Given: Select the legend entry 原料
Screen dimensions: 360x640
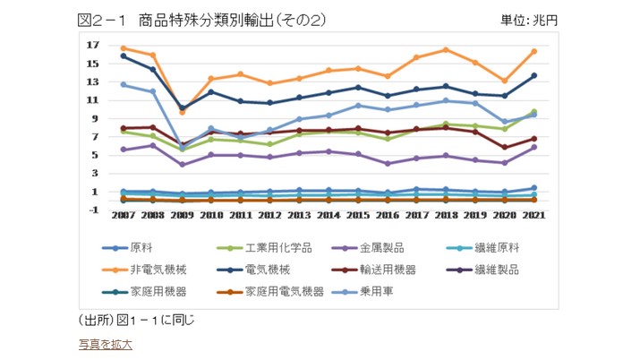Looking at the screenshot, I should (x=141, y=246).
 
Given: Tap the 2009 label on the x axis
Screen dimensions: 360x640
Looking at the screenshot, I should (x=183, y=216).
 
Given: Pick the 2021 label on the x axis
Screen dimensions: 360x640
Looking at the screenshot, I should (x=534, y=216).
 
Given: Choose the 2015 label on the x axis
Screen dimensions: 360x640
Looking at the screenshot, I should (x=358, y=216).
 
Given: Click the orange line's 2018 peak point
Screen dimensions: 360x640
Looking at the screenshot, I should (x=446, y=49).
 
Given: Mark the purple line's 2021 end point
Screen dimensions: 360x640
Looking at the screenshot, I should (x=533, y=147).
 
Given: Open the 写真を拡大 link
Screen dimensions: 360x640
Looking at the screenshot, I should (x=105, y=344).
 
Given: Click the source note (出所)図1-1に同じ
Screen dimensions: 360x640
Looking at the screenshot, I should (x=136, y=320).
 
